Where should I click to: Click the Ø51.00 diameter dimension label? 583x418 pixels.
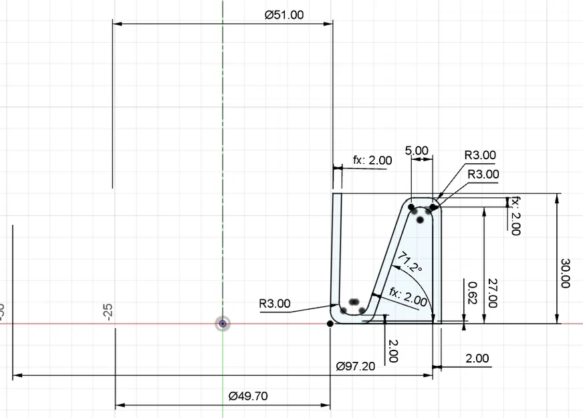pos(284,15)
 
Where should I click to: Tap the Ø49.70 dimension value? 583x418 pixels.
pos(247,396)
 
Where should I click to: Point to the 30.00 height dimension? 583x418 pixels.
pos(565,273)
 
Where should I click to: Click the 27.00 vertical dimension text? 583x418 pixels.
pos(493,293)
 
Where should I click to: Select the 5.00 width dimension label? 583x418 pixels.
pos(417,150)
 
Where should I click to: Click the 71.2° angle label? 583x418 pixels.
pos(409,263)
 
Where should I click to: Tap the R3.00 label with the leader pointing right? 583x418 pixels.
pos(275,304)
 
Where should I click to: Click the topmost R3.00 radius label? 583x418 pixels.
pos(480,155)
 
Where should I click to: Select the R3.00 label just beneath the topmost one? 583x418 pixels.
pos(483,174)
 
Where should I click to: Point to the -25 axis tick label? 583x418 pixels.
pos(108,312)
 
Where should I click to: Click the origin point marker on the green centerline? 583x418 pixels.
pos(223,324)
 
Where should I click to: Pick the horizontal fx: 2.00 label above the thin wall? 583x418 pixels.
pos(372,161)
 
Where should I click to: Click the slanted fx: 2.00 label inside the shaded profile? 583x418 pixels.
pos(409,297)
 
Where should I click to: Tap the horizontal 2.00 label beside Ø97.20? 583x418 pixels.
pos(477,358)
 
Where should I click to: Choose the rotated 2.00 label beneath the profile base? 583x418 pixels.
pos(392,350)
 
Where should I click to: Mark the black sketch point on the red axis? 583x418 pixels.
pos(330,324)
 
